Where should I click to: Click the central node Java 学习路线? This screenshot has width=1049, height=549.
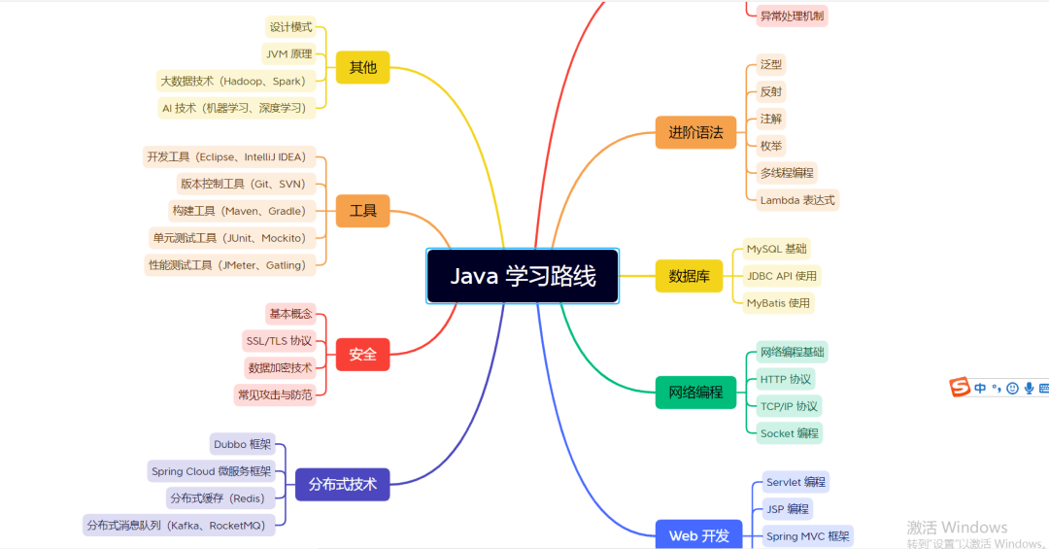coord(523,276)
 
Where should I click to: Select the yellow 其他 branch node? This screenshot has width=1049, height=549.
coord(362,68)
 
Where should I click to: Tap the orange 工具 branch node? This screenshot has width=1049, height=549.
coord(362,211)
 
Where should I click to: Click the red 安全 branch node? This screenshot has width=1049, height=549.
coord(362,355)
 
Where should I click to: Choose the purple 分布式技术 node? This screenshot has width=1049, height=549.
coord(342,484)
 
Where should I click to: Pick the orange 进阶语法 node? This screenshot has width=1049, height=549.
coord(695,133)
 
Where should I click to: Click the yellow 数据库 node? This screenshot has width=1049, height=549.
coord(689,276)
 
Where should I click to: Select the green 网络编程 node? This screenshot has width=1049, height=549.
coord(695,393)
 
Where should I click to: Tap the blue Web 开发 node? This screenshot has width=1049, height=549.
coord(698,535)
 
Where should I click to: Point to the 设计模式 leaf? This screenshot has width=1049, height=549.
coord(290,27)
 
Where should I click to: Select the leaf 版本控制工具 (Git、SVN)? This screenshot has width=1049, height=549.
coord(242,184)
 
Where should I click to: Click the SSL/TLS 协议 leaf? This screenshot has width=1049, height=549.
coord(279,341)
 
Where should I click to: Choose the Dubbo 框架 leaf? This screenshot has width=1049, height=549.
coord(243,445)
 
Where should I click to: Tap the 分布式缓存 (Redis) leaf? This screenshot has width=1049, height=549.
coord(220,498)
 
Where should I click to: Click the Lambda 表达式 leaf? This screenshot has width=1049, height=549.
coord(796,200)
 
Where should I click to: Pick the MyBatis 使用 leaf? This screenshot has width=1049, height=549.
coord(777,303)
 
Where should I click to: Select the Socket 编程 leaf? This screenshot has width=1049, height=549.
coord(789,433)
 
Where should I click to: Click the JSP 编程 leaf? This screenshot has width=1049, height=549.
coord(787,509)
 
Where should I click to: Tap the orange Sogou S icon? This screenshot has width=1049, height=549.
coord(960,388)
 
